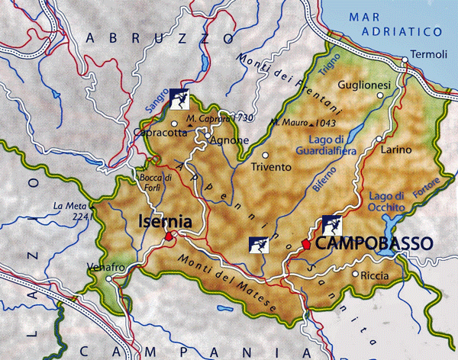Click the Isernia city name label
tap(164, 222)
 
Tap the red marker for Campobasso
tap(305, 244)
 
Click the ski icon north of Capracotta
tap(181, 98)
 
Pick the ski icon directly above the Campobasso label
tap(331, 224)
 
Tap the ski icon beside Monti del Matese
tap(259, 245)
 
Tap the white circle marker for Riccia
tap(355, 274)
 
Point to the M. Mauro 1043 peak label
tap(303, 123)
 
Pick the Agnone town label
tap(230, 140)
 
